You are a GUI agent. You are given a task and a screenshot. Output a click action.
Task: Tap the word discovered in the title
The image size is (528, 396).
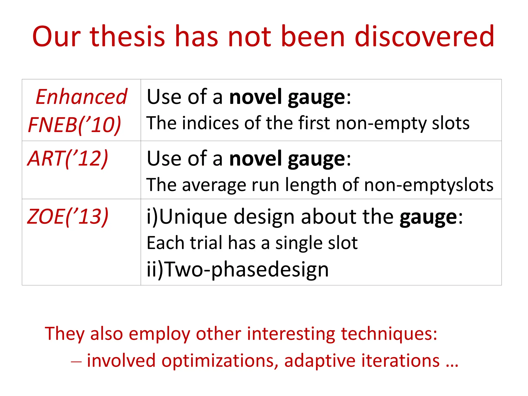pyautogui.click(x=424, y=36)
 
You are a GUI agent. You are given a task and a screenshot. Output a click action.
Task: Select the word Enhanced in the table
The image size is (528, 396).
pyautogui.click(x=81, y=97)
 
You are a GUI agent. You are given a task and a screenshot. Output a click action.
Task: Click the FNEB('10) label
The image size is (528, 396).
pyautogui.click(x=75, y=125)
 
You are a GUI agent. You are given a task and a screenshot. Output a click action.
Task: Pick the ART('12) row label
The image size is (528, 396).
pyautogui.click(x=68, y=158)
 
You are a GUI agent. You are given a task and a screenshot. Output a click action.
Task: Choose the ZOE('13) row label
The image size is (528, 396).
pyautogui.click(x=68, y=217)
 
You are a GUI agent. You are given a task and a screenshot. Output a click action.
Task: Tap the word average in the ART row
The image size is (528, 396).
pyautogui.click(x=214, y=185)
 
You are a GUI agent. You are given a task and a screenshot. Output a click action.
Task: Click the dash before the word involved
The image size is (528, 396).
pyautogui.click(x=76, y=361)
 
